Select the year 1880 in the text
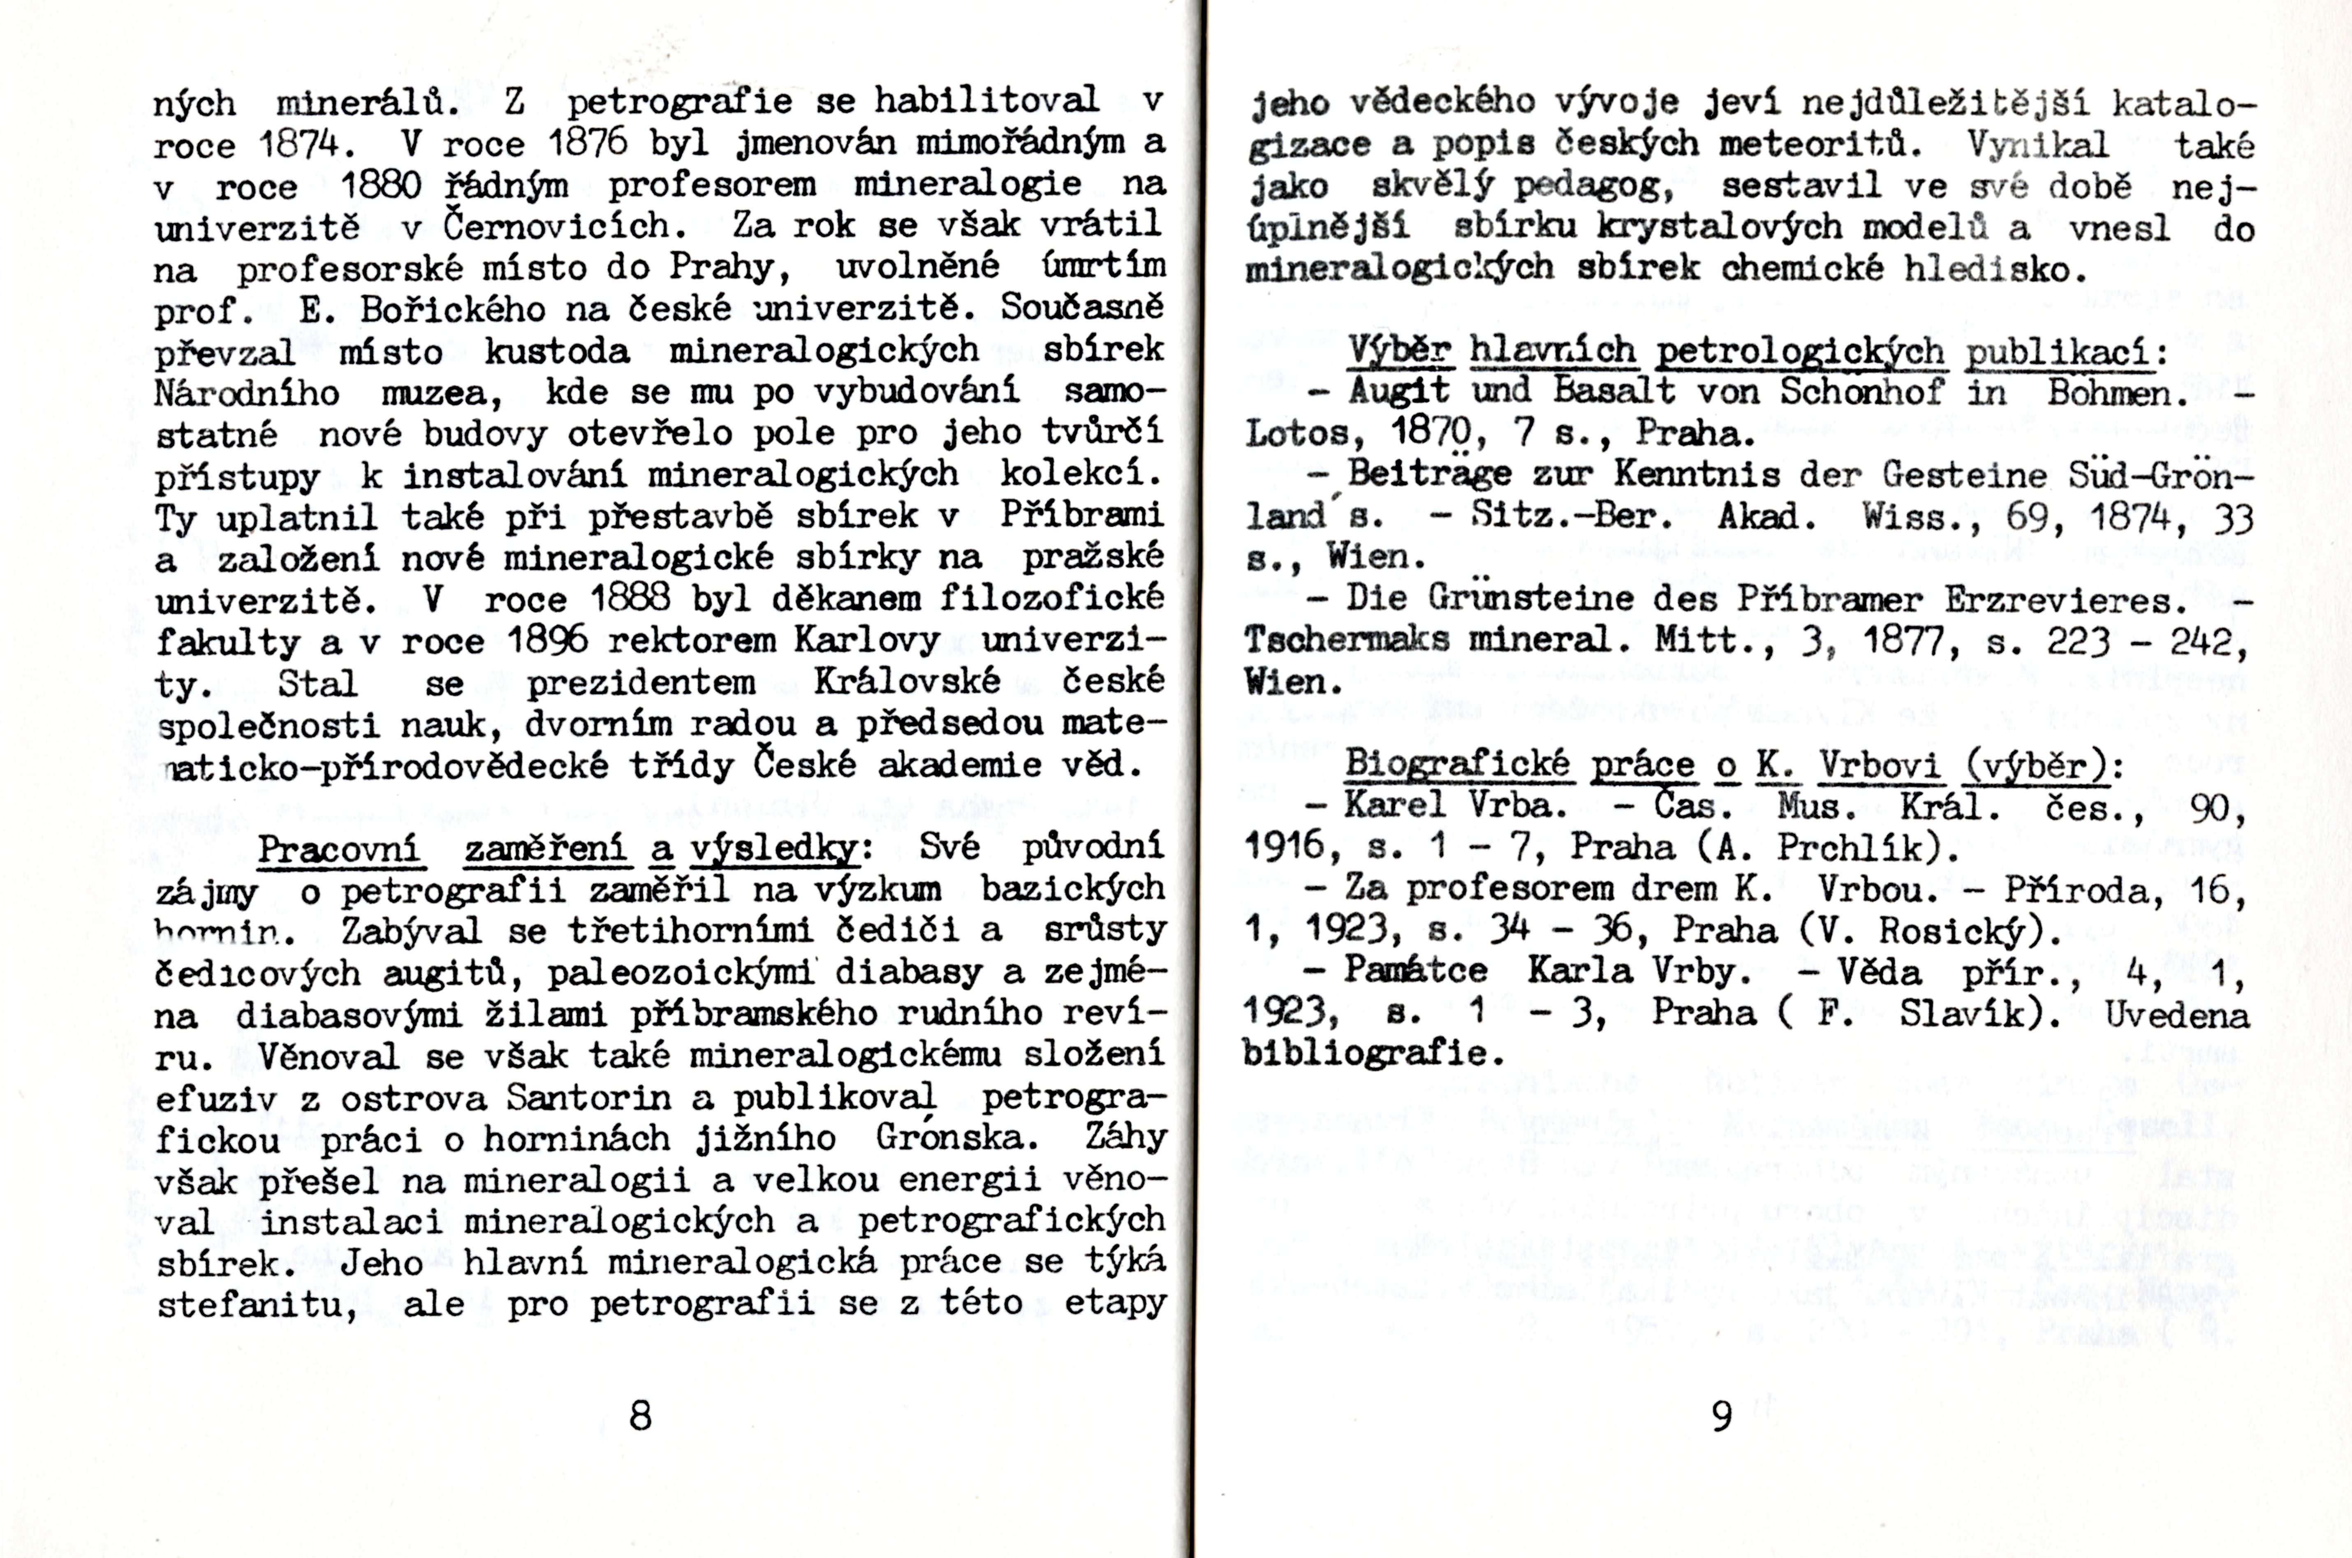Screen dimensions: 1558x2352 point(381,186)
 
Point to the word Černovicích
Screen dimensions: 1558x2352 point(565,227)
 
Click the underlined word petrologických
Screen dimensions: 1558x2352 point(1799,352)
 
